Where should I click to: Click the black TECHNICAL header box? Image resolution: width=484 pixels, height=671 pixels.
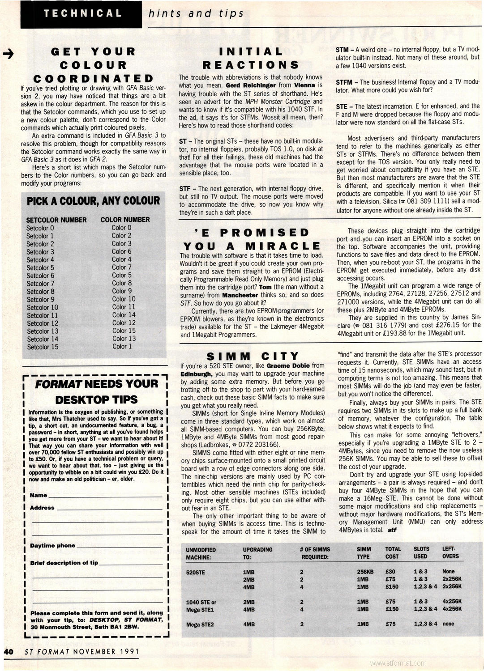pyautogui.click(x=83, y=13)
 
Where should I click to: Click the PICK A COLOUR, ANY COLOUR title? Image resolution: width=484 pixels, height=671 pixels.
pyautogui.click(x=93, y=201)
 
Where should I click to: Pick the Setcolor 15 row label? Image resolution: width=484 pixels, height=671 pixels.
pyautogui.click(x=43, y=347)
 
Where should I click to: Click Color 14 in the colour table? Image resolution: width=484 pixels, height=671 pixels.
pyautogui.click(x=124, y=314)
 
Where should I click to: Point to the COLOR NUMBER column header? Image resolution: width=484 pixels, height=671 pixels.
pyautogui.click(x=125, y=220)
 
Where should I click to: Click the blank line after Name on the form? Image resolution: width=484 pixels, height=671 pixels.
pyautogui.click(x=105, y=496)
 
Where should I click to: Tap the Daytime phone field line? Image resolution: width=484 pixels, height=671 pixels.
pyautogui.click(x=119, y=546)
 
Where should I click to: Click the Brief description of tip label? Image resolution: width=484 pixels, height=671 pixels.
pyautogui.click(x=64, y=563)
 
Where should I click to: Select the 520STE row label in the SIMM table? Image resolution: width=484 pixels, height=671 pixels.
pyautogui.click(x=195, y=571)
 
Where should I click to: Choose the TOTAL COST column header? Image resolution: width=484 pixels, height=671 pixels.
pyautogui.click(x=393, y=553)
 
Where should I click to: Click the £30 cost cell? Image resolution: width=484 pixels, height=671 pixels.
pyautogui.click(x=391, y=571)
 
